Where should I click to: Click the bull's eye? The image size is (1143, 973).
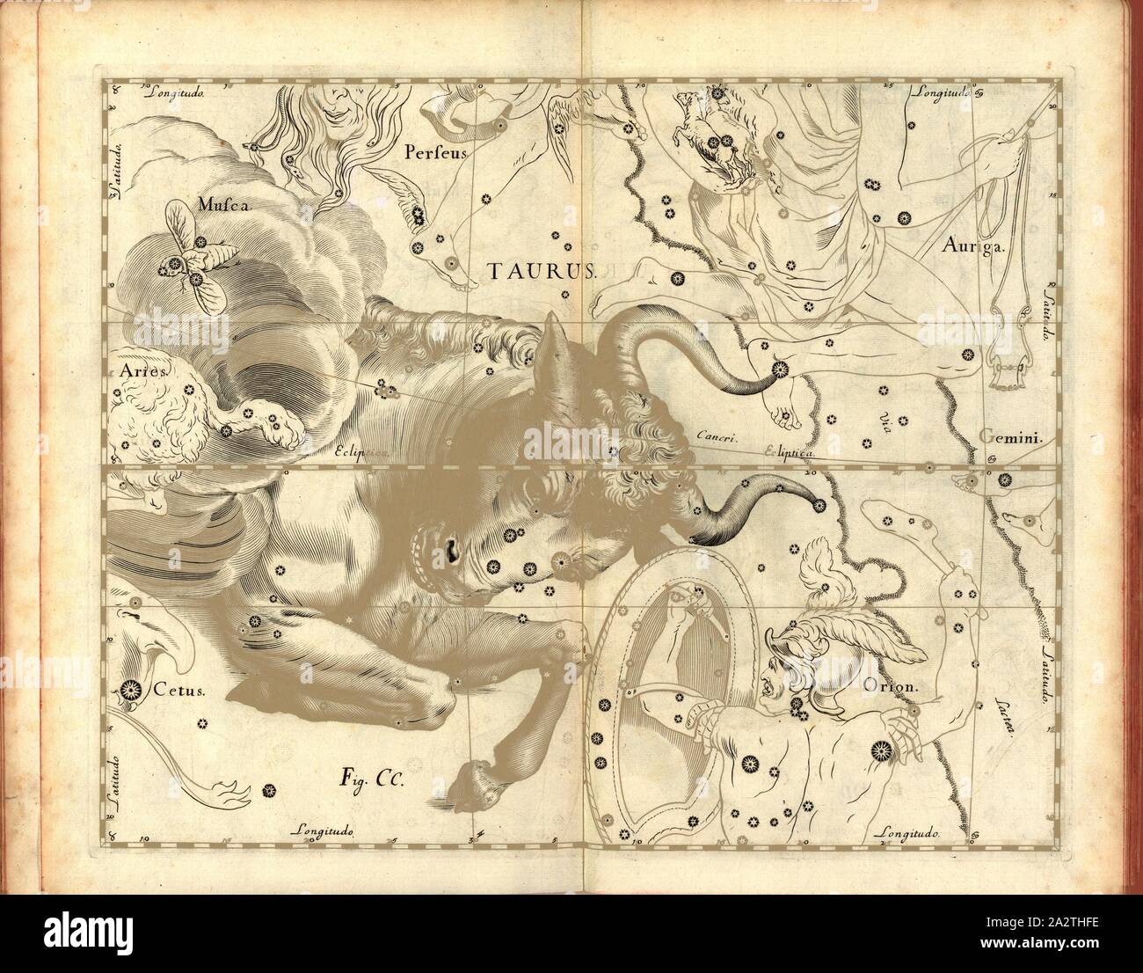coord(455,548)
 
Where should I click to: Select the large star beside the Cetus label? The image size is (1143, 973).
coord(131,689)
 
